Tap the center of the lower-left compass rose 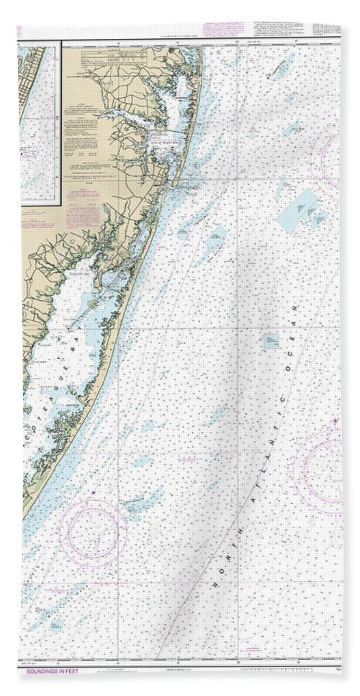93,535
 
